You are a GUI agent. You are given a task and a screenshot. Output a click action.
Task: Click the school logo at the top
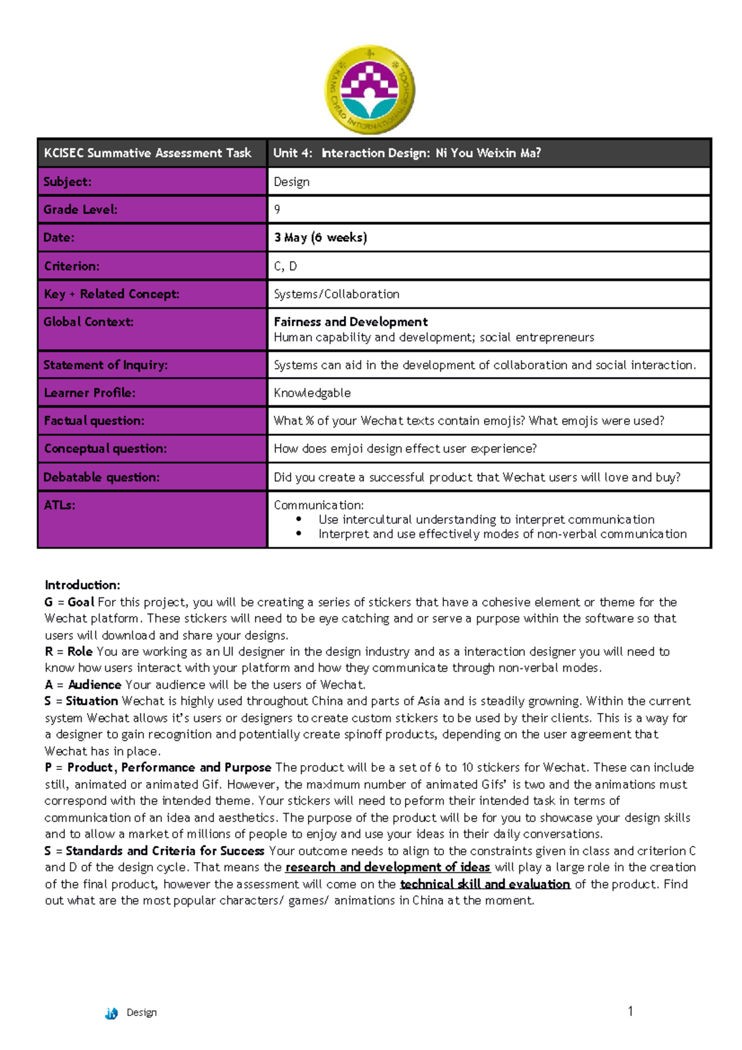(x=370, y=90)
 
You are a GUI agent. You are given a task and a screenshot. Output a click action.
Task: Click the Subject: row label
(x=67, y=182)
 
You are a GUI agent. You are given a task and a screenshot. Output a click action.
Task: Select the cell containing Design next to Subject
(x=292, y=182)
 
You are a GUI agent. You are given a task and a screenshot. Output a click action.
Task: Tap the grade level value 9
(x=277, y=210)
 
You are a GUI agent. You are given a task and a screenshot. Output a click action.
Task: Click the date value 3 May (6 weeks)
(x=320, y=237)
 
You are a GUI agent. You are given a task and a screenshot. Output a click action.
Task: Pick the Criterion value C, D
(x=285, y=267)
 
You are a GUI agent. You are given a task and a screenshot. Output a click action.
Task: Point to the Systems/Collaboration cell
(x=336, y=294)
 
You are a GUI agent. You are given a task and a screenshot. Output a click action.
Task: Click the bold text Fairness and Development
(x=351, y=322)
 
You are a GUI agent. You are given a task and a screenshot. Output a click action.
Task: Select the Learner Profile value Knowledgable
(x=312, y=393)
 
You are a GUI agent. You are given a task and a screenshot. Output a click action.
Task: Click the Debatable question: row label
(x=101, y=477)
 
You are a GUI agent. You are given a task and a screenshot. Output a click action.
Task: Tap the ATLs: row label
(x=59, y=505)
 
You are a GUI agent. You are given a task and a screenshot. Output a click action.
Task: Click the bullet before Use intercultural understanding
(x=299, y=519)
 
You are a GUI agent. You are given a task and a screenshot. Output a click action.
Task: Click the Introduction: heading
(x=82, y=585)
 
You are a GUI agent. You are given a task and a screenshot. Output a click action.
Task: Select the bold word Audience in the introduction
(x=95, y=685)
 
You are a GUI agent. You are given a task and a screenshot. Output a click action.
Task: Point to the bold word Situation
(x=92, y=701)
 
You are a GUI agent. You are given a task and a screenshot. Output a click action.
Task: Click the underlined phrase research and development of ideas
(x=388, y=867)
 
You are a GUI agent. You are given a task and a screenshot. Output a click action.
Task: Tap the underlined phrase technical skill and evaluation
(x=485, y=884)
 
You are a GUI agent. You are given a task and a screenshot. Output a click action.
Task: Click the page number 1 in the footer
(x=630, y=1011)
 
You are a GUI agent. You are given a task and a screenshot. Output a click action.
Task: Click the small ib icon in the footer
(x=111, y=1013)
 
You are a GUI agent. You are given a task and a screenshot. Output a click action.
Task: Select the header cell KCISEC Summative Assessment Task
(x=148, y=153)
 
